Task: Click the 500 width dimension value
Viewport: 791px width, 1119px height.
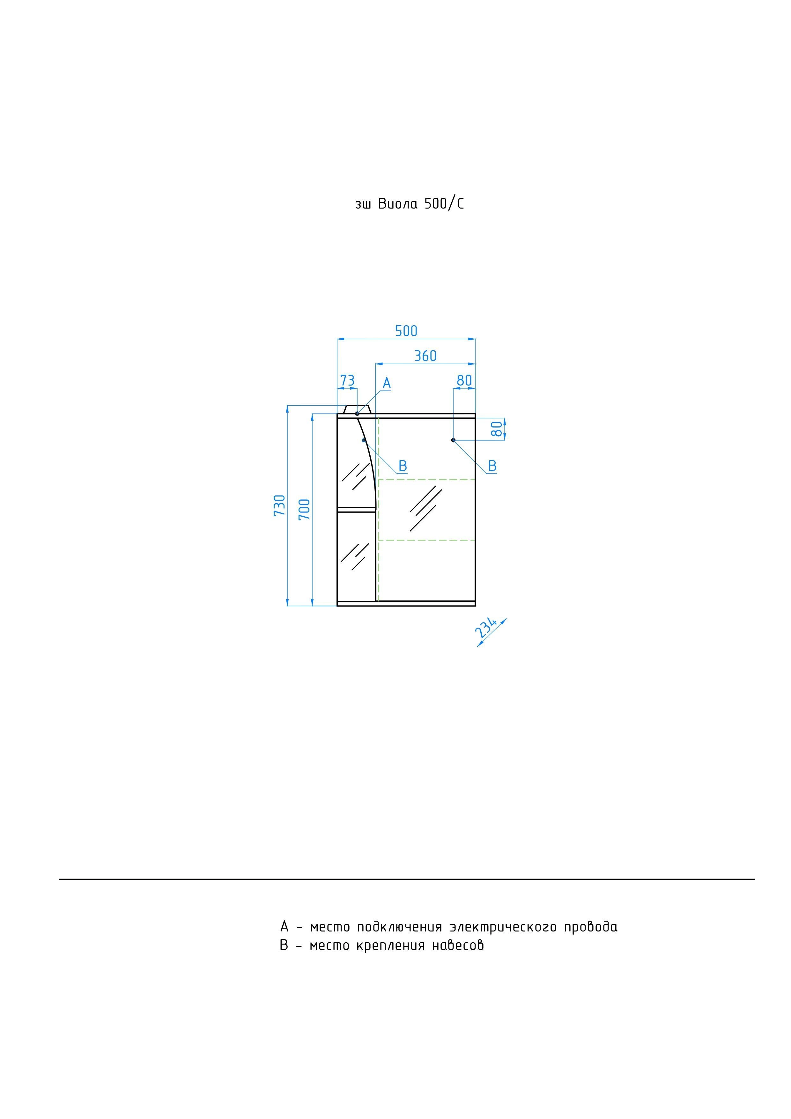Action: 406,331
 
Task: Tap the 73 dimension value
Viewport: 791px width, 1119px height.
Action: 347,380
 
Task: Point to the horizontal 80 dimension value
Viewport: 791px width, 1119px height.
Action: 464,380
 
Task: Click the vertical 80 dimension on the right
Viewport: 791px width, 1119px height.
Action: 496,429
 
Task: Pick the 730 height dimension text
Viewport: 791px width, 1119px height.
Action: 279,505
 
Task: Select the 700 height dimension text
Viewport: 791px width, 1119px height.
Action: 304,509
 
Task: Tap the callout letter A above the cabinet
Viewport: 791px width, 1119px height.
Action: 387,383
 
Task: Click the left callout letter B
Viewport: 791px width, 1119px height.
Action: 403,466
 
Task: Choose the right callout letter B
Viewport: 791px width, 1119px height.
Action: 492,466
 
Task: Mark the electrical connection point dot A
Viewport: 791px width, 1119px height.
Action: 357,413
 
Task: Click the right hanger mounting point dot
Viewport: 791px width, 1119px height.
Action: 453,440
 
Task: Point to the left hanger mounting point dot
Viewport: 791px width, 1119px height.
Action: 364,440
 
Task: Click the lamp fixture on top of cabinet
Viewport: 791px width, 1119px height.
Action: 357,409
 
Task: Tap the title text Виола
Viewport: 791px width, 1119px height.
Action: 398,204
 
